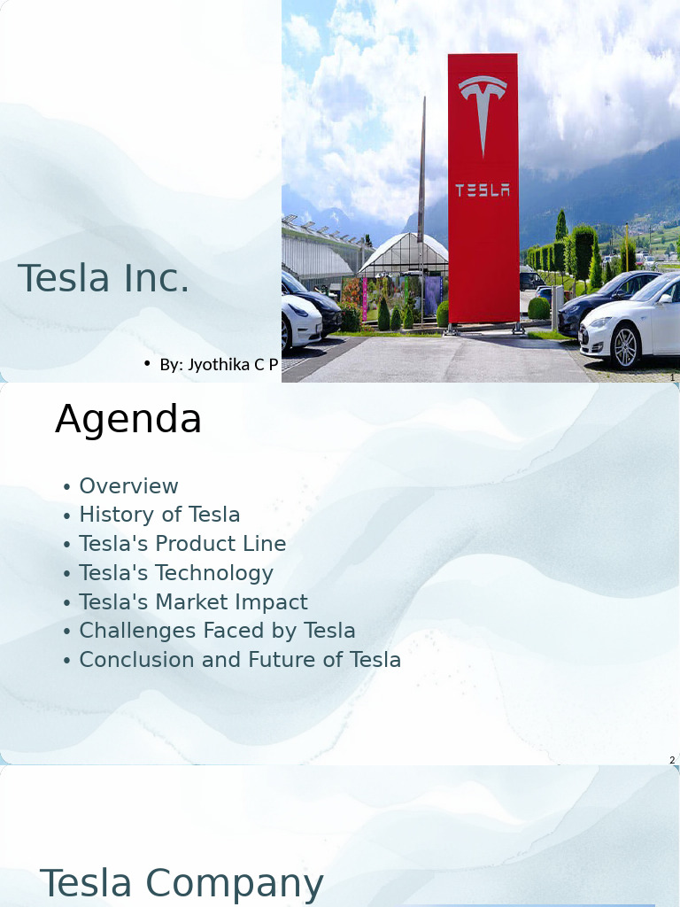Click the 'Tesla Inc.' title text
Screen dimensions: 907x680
pos(104,278)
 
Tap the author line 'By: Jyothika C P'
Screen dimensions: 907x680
pos(219,364)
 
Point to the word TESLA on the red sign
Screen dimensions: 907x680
pos(483,190)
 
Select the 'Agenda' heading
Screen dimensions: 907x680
pos(128,419)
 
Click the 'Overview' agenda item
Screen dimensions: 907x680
pos(128,486)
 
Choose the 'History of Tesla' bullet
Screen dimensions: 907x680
pos(159,515)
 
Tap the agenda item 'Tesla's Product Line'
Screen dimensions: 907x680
pos(182,544)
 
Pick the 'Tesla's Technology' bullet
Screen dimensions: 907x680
pos(176,573)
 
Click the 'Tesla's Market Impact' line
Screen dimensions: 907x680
pos(193,602)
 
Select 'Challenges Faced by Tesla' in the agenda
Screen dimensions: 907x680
pos(217,631)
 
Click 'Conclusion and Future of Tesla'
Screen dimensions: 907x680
pos(240,660)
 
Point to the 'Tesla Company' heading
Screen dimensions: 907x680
pos(182,884)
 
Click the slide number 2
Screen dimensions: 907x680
pos(672,760)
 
